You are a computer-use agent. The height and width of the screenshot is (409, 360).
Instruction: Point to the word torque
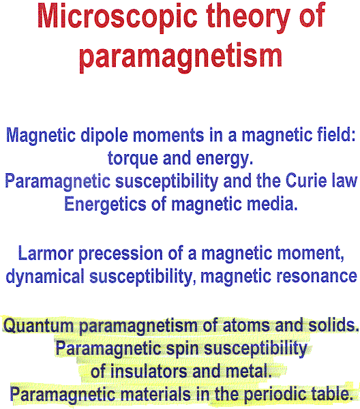[132, 159]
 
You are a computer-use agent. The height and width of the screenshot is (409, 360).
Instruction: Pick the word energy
[224, 159]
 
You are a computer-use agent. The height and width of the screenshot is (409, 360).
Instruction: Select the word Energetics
[105, 204]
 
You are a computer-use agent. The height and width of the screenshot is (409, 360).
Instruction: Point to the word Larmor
[46, 254]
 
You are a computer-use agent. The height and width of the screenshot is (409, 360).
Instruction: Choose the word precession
[121, 254]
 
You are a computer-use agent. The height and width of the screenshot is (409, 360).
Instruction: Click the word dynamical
[45, 277]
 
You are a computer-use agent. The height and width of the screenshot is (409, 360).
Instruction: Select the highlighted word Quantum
[38, 326]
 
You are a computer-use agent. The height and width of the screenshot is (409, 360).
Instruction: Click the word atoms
[246, 326]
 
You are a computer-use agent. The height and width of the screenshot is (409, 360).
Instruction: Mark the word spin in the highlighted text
[182, 349]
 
